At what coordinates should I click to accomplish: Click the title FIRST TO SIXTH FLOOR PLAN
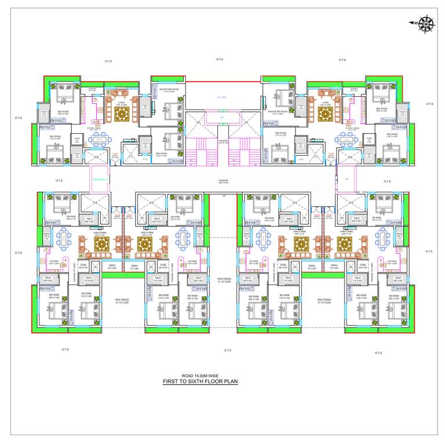[x=200, y=382]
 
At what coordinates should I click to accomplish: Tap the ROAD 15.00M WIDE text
[x=200, y=375]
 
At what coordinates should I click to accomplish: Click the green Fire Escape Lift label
[x=100, y=178]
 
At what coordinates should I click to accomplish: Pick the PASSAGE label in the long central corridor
[x=223, y=180]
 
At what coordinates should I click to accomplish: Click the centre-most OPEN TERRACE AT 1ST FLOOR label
[x=224, y=282]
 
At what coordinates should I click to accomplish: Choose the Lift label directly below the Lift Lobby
[x=221, y=118]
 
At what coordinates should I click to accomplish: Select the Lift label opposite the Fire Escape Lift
[x=346, y=178]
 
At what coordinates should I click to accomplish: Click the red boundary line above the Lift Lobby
[x=223, y=81]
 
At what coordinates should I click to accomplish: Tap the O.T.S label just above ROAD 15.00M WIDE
[x=227, y=350]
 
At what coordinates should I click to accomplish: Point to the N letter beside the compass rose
[x=413, y=23]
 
